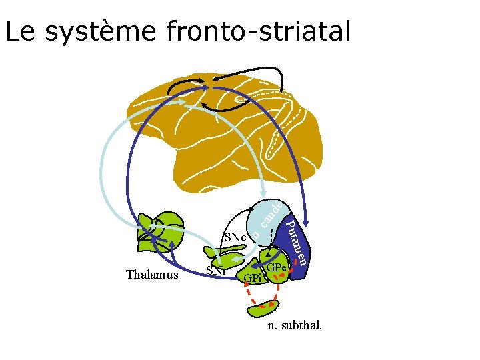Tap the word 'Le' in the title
17,31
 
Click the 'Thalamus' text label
152,275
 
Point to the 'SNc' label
235,237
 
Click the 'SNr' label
215,271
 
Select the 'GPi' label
253,277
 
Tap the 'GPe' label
276,268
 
